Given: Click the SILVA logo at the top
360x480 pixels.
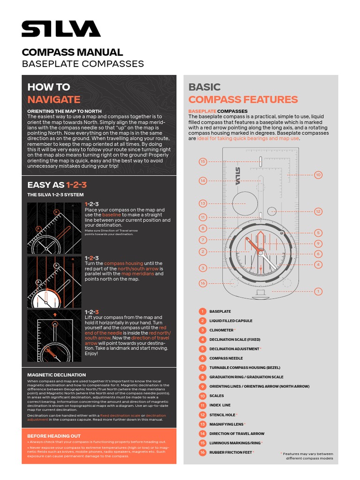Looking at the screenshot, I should (x=61, y=29).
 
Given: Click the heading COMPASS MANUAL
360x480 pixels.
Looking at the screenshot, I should (x=72, y=52).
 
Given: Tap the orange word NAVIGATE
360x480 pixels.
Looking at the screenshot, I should (x=53, y=99).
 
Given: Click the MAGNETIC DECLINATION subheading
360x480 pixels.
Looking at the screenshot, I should (x=56, y=375).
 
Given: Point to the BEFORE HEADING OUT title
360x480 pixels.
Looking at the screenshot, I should (x=54, y=436).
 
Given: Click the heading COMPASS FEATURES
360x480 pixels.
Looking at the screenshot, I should (x=243, y=99).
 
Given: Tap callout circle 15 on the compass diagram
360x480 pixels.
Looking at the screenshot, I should (x=202, y=162).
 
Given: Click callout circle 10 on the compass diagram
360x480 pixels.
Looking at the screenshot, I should (x=318, y=175).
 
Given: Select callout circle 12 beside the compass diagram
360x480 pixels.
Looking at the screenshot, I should (x=318, y=211).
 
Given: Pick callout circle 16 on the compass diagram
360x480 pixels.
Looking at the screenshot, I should (x=202, y=283).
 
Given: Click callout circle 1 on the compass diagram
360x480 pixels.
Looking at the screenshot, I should (x=318, y=292).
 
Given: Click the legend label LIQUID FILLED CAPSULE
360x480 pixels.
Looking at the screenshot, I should (x=231, y=321).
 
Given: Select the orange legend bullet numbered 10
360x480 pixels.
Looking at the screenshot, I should (x=202, y=396).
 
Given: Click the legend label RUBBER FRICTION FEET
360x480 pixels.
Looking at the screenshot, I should (x=231, y=452).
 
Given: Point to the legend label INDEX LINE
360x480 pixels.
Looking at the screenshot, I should (x=220, y=405).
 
